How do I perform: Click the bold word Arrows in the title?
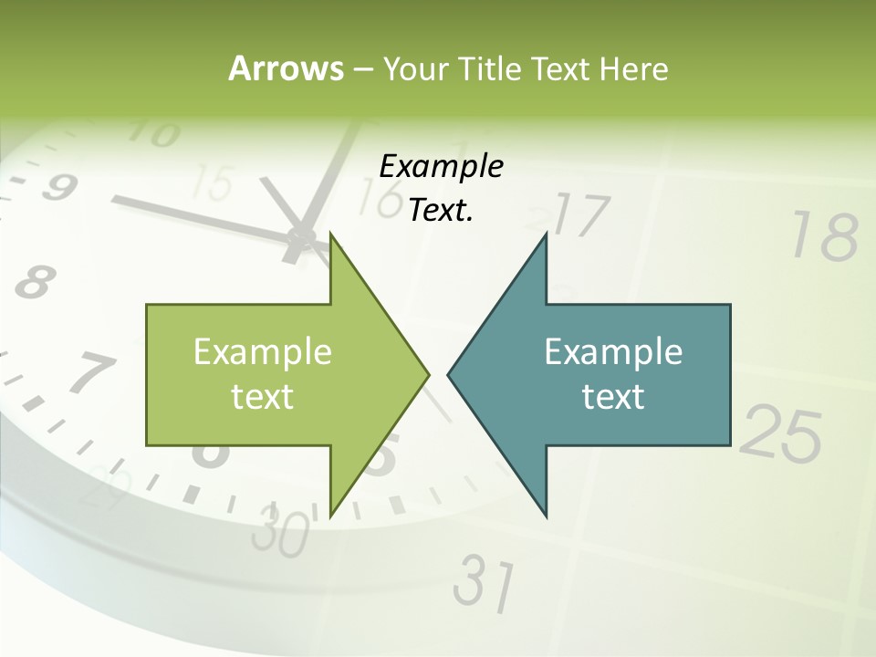coord(285,68)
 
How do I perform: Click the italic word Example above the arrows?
coord(441,166)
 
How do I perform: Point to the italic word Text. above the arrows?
coord(441,211)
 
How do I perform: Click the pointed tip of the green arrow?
coord(427,374)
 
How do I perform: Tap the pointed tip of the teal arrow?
coord(449,374)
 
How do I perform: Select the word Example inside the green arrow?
coord(263,351)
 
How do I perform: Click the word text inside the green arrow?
coord(263,397)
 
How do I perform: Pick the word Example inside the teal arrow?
coord(613,351)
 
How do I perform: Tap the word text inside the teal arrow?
coord(613,397)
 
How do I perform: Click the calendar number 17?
coord(580,216)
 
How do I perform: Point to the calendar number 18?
coord(825,236)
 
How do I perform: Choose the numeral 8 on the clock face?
coord(33,283)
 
